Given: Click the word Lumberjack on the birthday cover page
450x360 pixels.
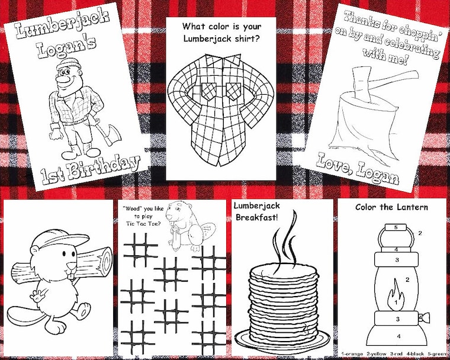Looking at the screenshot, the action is tap(62, 25).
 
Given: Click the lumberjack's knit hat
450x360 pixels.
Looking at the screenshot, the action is tap(65, 64).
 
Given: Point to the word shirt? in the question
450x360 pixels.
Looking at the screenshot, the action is tap(245, 38).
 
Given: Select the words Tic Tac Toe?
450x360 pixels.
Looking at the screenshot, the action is tap(143, 224).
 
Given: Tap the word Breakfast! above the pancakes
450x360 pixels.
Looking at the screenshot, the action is tap(257, 217).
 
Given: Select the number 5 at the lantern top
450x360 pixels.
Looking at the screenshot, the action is tap(396, 227).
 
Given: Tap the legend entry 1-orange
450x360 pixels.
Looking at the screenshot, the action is tap(352, 354).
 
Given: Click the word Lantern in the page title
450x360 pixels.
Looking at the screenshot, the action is tap(413, 207).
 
